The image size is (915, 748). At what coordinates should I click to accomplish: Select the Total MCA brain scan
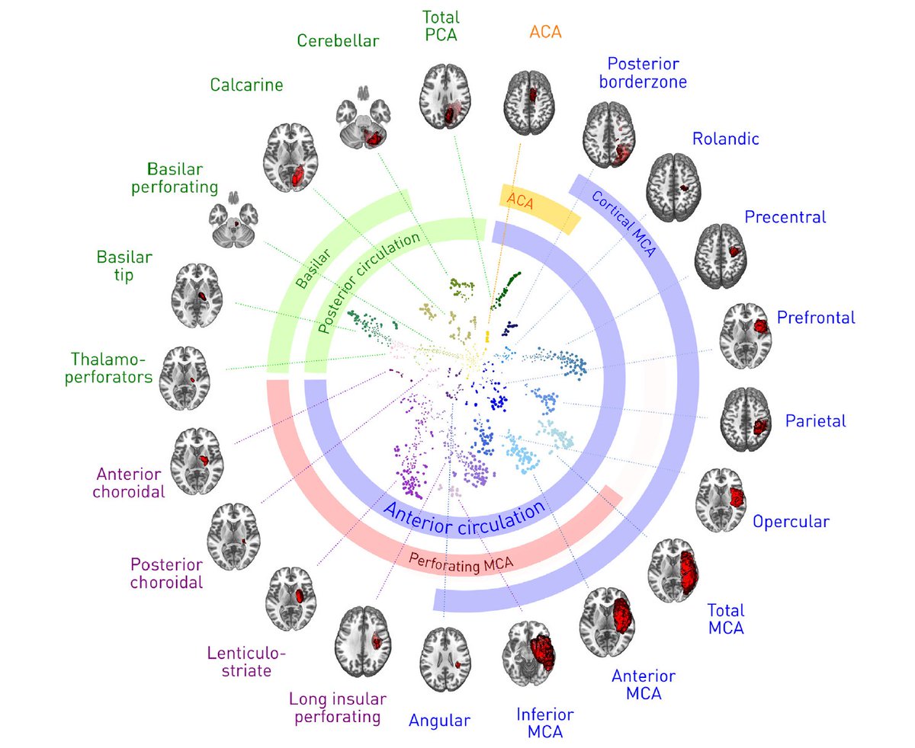(x=677, y=571)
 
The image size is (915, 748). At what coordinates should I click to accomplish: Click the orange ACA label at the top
(x=544, y=33)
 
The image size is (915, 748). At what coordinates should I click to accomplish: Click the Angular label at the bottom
(x=440, y=718)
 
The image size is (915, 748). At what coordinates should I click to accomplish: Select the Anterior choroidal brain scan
(x=201, y=458)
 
